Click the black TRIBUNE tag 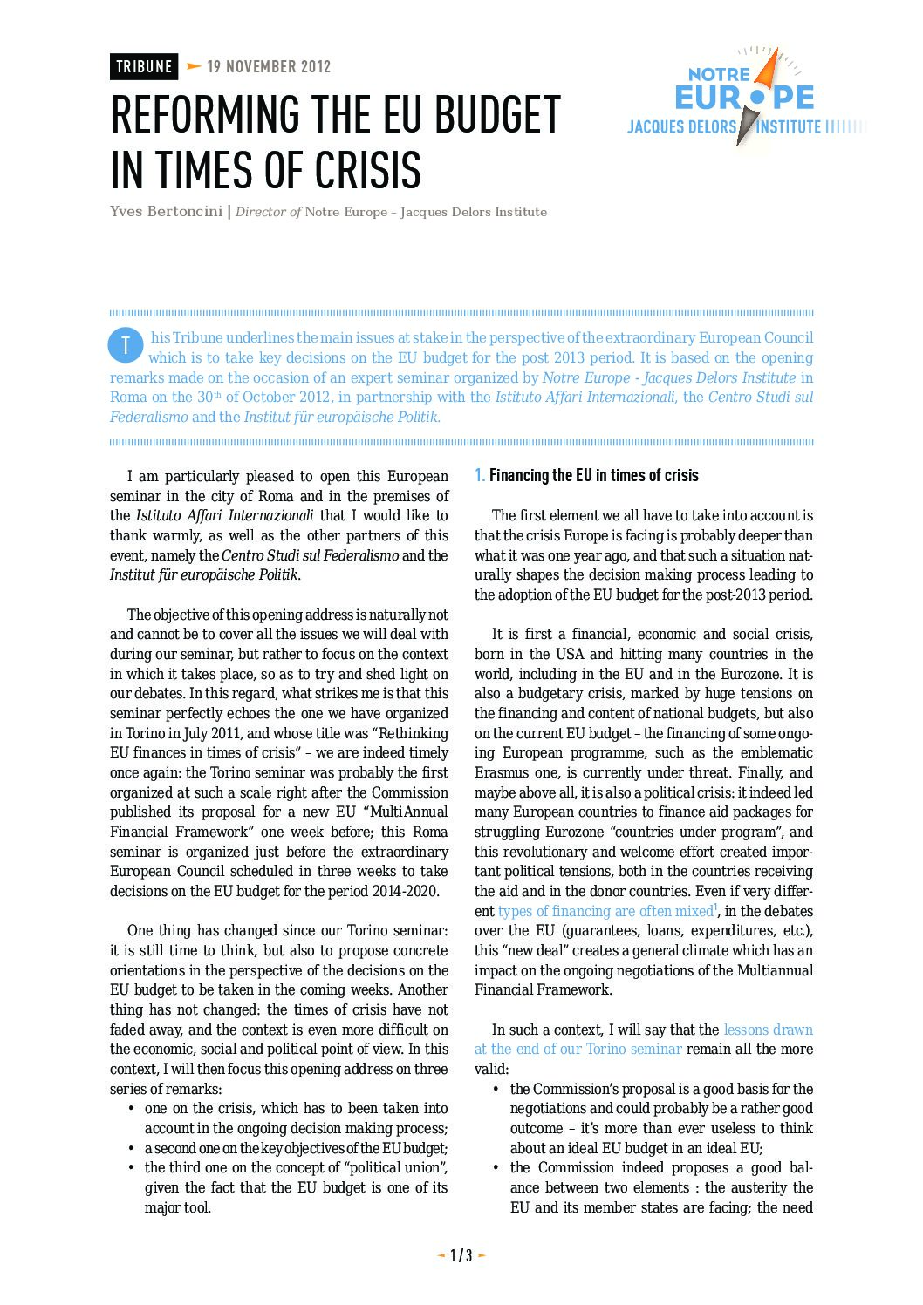click(x=144, y=67)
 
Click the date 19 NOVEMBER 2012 click(x=269, y=67)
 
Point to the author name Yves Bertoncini click(x=166, y=212)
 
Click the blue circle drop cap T click(x=125, y=345)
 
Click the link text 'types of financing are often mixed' click(x=605, y=911)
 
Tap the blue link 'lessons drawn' click(x=768, y=1030)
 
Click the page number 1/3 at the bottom click(x=461, y=1255)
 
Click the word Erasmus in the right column click(x=502, y=772)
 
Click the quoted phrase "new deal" click(x=534, y=950)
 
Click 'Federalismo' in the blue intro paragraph click(x=148, y=417)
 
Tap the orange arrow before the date click(x=194, y=67)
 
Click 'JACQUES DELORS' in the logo click(x=681, y=127)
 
